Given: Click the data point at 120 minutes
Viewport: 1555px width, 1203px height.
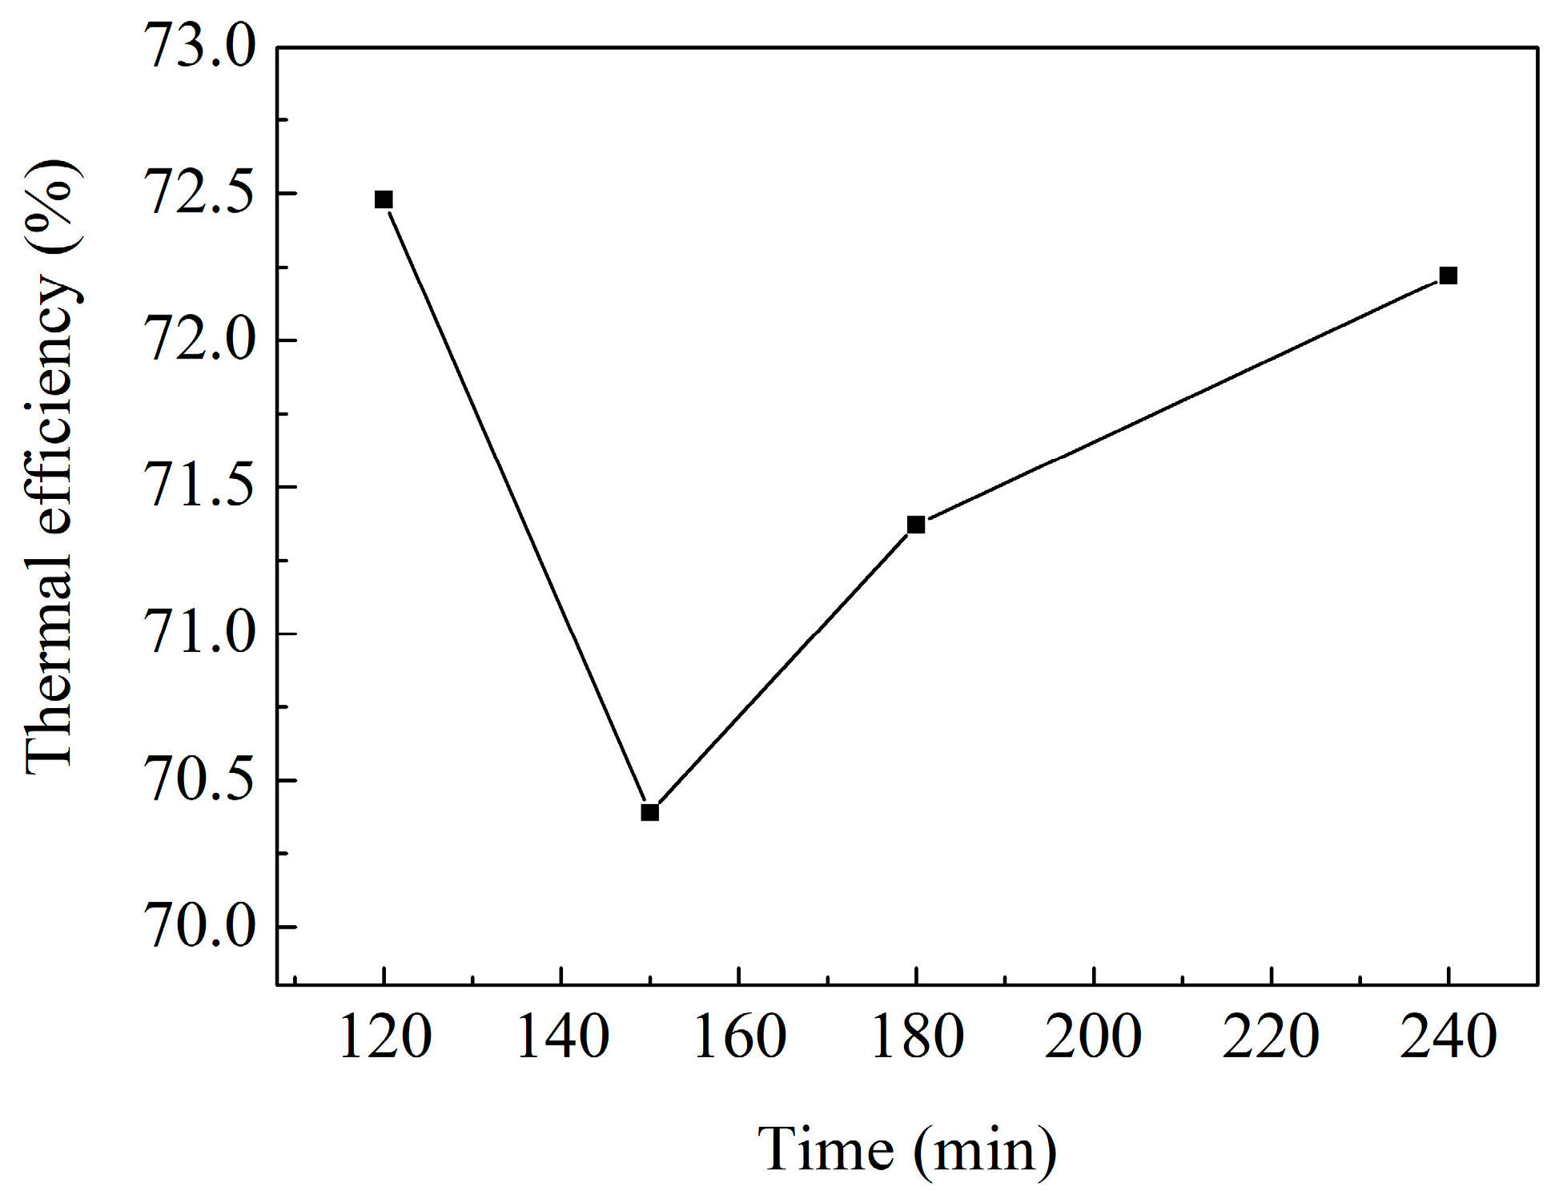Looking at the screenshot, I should [384, 199].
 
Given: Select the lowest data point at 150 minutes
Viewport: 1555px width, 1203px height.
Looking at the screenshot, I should [649, 812].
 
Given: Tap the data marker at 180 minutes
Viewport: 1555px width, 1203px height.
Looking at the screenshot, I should [916, 525].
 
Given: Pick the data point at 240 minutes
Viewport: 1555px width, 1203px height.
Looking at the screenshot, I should [1448, 276].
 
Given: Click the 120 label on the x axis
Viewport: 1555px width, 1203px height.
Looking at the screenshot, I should [385, 1036].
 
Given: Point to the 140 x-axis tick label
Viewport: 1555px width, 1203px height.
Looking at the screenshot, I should [562, 1036].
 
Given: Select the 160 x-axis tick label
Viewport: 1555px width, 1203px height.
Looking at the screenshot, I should [739, 1036].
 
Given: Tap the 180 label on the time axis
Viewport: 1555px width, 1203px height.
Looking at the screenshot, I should [916, 1036].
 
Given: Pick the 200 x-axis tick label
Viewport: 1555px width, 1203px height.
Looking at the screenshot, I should [1094, 1036].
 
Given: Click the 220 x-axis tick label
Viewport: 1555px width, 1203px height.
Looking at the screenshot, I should [1271, 1036].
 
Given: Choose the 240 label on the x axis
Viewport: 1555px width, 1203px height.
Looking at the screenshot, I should [1448, 1036].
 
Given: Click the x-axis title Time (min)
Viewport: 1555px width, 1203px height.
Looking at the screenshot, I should [907, 1150].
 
